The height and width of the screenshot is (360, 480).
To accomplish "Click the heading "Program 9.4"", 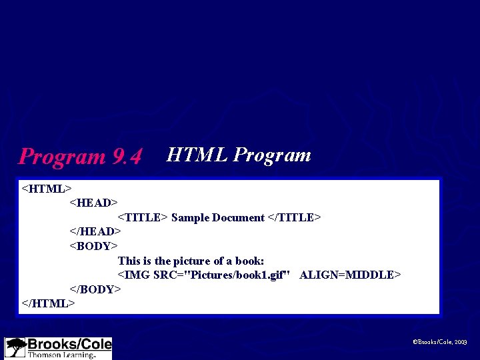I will coord(81,157).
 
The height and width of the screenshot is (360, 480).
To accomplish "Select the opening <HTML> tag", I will coord(47,189).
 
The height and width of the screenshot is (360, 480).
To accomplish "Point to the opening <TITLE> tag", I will coord(143,217).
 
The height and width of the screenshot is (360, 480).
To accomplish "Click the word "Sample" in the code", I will coord(191,217).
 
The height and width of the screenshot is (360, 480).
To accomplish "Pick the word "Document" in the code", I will coord(238,217).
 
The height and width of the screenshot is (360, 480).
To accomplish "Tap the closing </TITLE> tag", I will coord(295,217).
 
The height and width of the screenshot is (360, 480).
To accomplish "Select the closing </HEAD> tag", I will coord(95,231).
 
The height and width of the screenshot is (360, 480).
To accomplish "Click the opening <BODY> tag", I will coord(94,246).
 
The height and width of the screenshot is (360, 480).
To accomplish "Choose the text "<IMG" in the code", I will coord(134,275).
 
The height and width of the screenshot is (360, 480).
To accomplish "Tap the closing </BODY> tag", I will coord(95,289).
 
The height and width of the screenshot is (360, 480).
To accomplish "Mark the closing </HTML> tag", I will coord(49,303).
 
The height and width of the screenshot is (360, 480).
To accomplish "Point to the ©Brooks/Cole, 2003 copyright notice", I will coord(440,342).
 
